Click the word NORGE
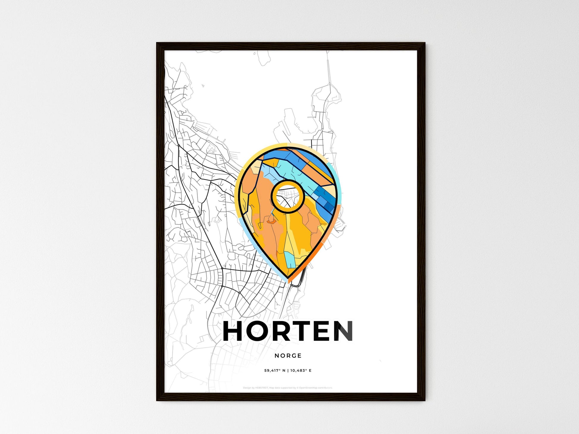click(288, 355)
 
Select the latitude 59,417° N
click(275, 370)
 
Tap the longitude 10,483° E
click(301, 370)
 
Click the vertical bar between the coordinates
click(288, 370)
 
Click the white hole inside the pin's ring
click(287, 196)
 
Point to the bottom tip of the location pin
click(288, 278)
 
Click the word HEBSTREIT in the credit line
click(262, 388)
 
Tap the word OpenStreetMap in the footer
click(308, 388)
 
